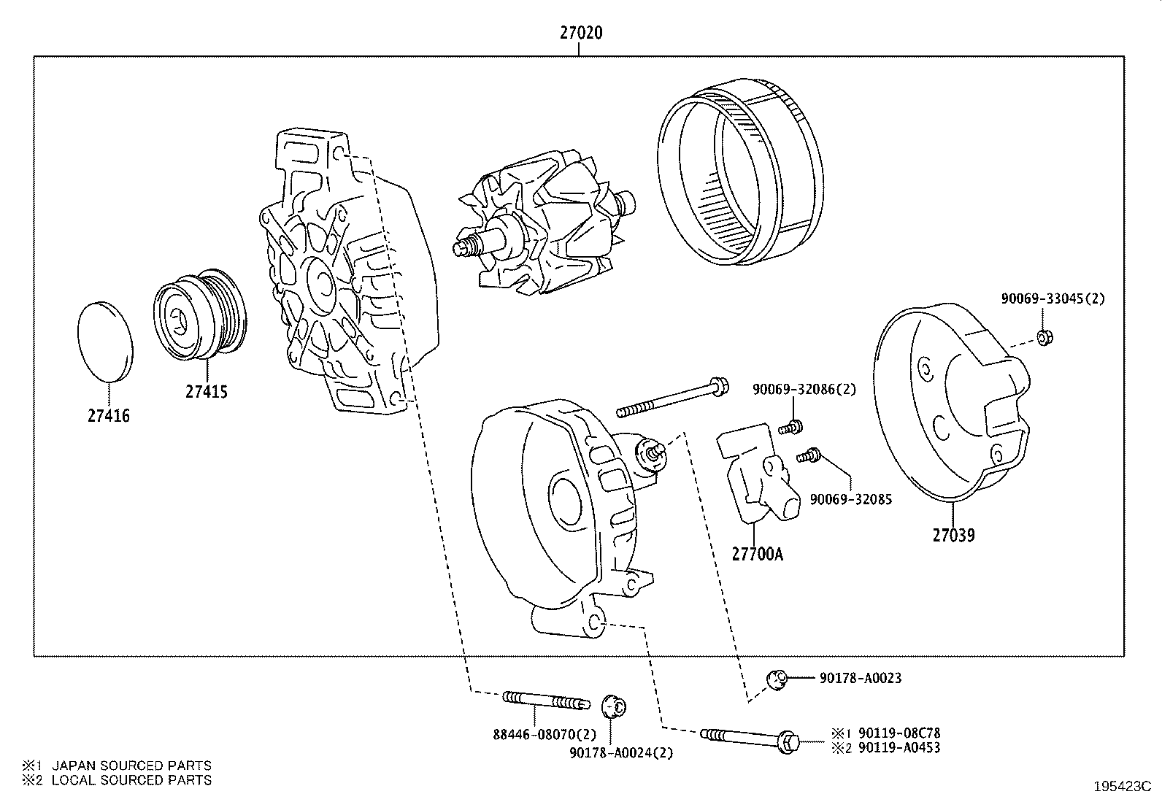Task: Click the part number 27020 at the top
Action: click(x=581, y=33)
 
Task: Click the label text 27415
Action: click(x=206, y=392)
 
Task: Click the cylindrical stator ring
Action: click(x=741, y=175)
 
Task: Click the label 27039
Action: click(x=953, y=535)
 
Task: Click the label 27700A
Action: click(x=757, y=554)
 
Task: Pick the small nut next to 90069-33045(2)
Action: click(x=1044, y=337)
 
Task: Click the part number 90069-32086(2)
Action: click(x=804, y=390)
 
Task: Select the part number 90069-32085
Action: click(x=850, y=500)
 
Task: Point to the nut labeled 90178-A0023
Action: click(x=776, y=679)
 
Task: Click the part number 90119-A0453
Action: click(x=899, y=747)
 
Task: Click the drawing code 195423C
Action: click(x=1121, y=787)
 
